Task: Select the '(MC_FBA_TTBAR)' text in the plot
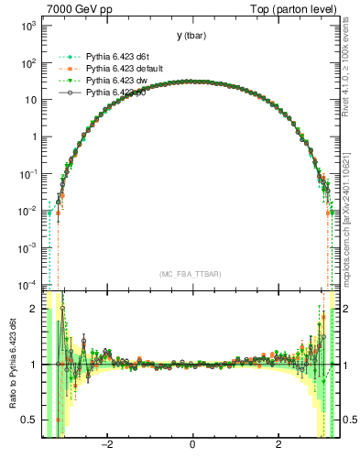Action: (191, 274)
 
